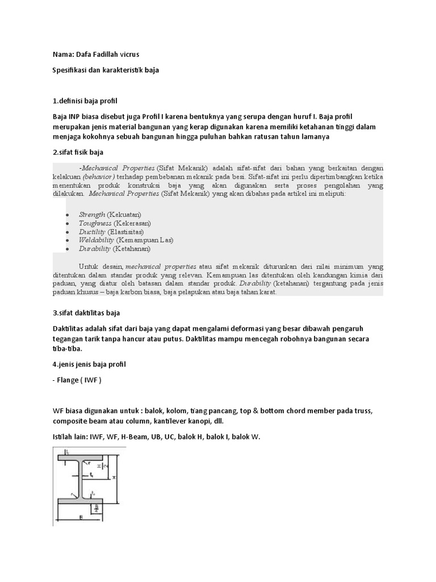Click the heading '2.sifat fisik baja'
[x=78, y=152]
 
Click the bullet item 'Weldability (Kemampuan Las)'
[x=125, y=240]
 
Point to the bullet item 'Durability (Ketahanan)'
[x=114, y=248]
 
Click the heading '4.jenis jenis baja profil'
[x=89, y=364]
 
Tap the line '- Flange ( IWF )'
[x=77, y=380]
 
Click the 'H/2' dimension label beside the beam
[x=102, y=465]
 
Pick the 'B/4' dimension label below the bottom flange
[x=97, y=508]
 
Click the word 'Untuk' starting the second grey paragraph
[x=89, y=266]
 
